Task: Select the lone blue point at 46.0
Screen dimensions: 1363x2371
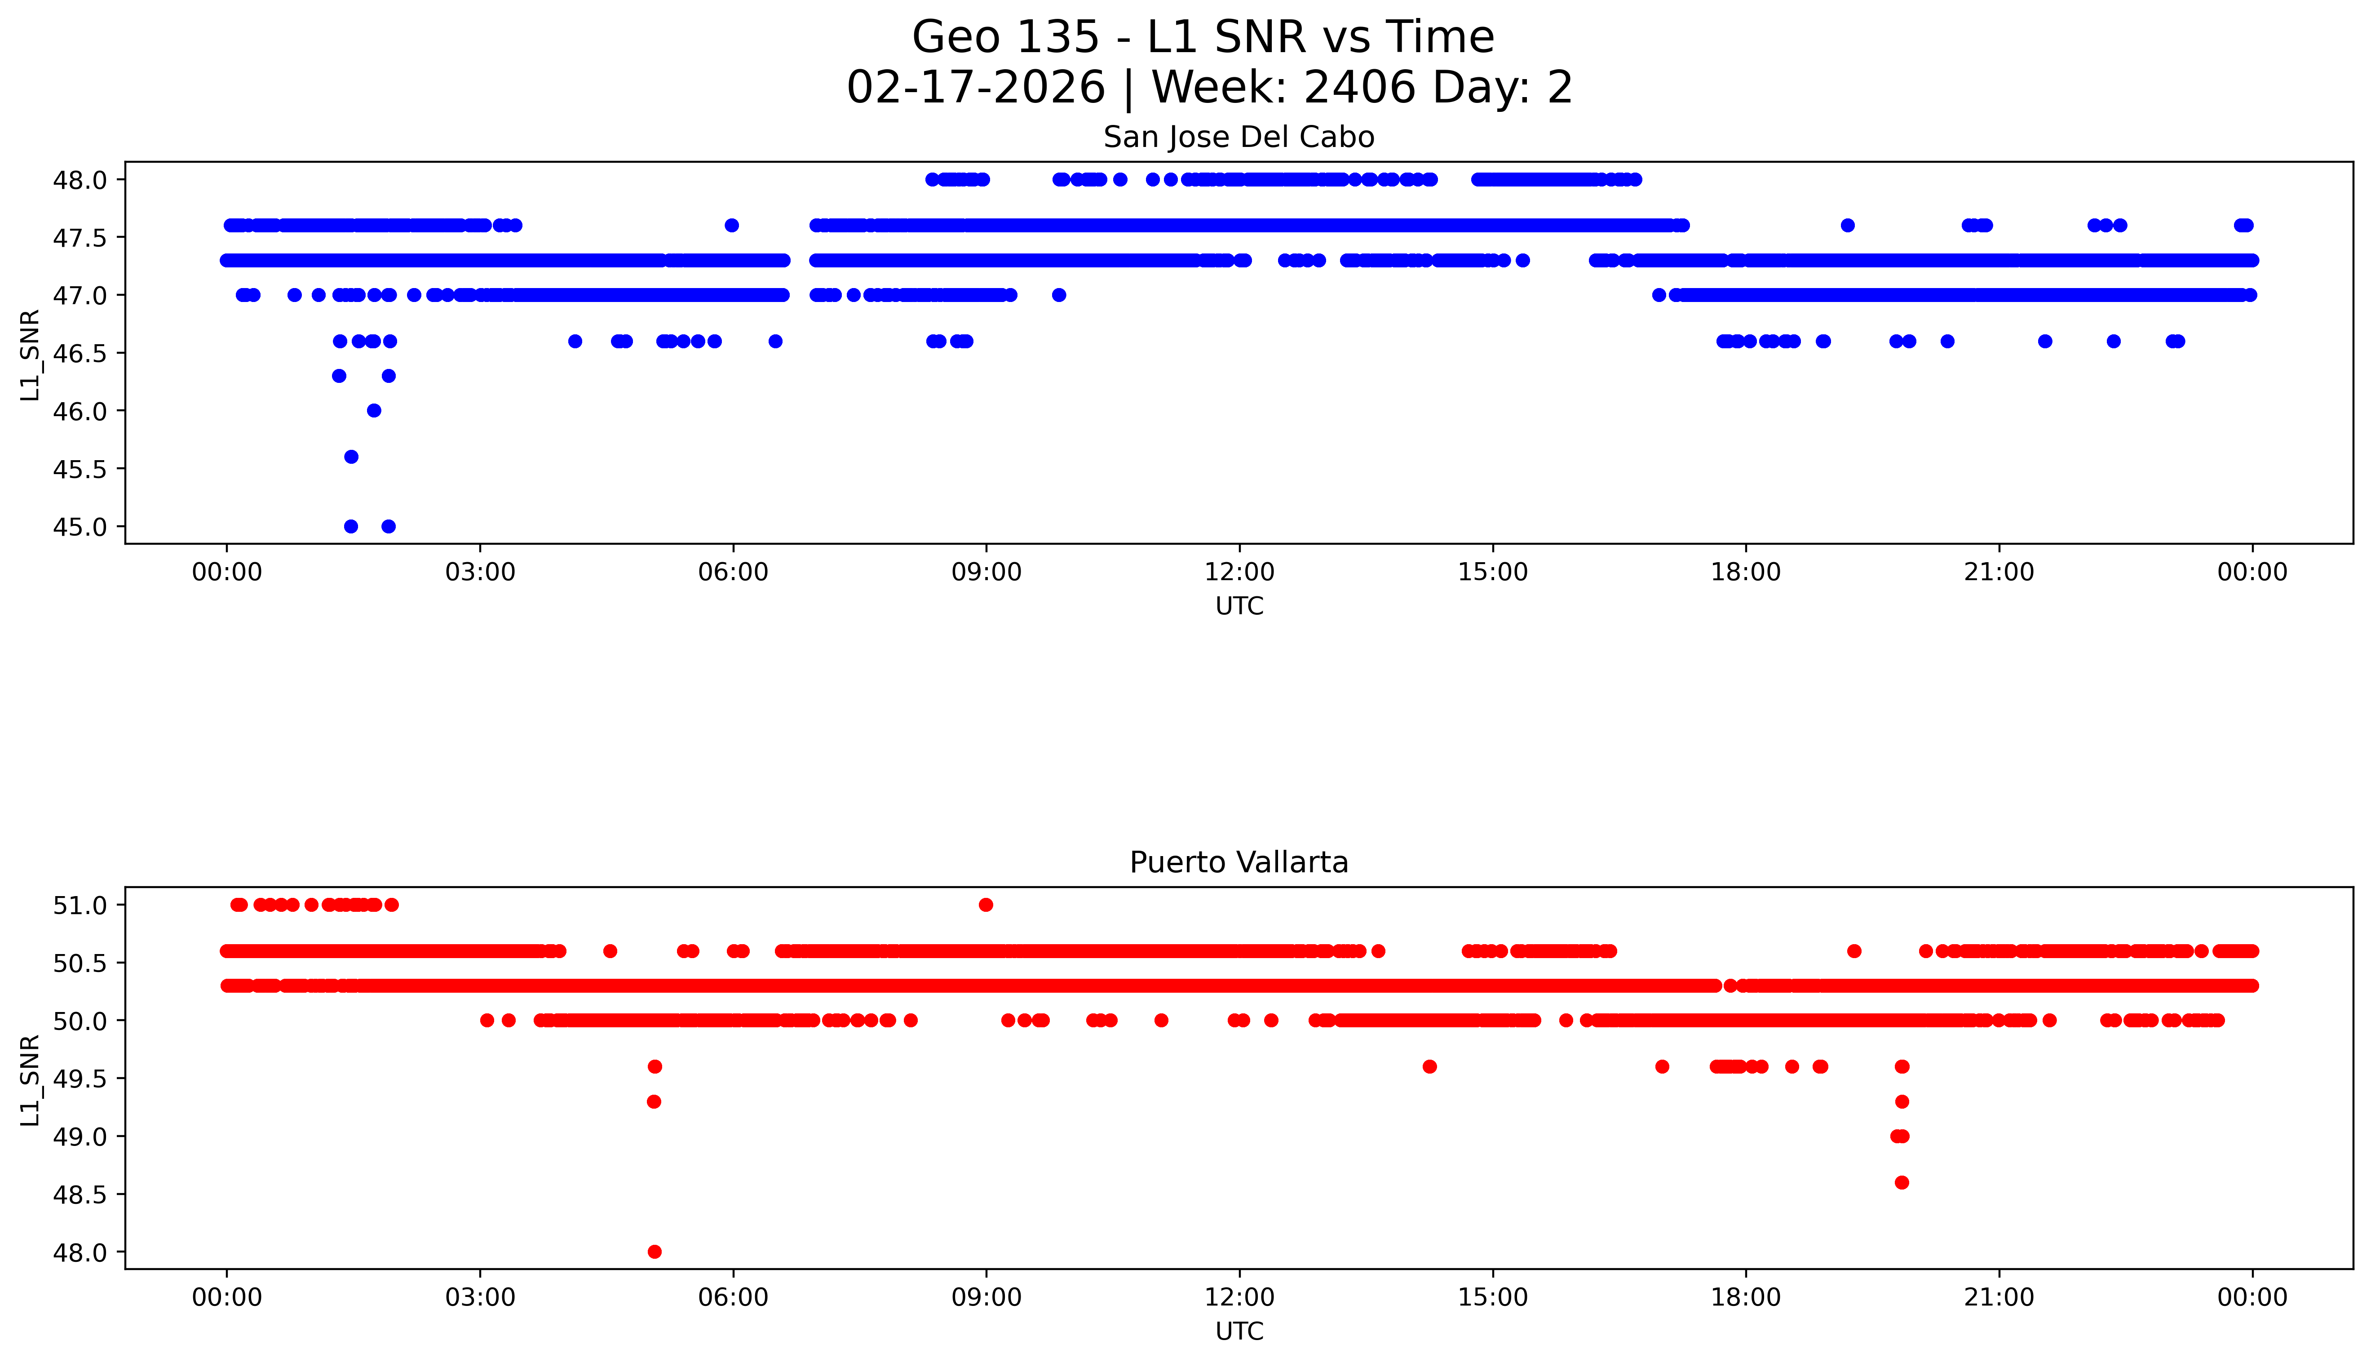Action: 373,410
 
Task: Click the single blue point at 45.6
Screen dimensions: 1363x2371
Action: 351,457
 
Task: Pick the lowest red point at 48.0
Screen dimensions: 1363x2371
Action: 654,1252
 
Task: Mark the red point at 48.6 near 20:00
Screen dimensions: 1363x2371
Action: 1901,1182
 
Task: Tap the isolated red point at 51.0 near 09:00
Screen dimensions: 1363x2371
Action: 985,904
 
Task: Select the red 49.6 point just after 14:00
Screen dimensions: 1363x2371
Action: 1429,1066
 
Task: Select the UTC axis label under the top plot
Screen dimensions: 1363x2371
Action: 1239,607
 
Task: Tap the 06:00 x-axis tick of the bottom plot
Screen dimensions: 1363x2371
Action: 733,1297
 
